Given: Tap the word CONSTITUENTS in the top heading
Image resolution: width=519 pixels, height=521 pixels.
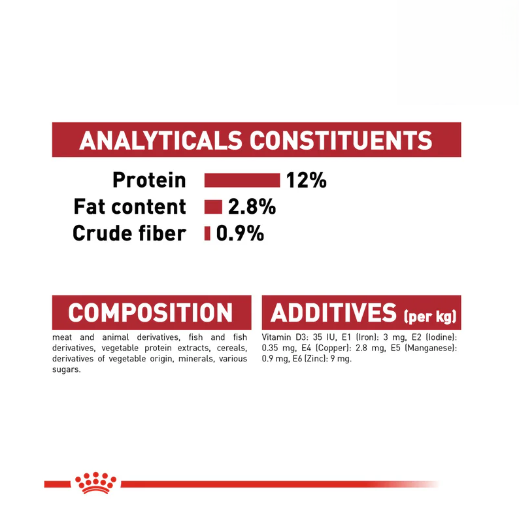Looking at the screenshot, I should [x=341, y=141].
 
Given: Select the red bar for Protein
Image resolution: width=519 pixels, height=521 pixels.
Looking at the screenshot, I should [x=242, y=180].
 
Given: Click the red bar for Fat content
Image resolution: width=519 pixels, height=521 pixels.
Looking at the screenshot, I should [x=213, y=207].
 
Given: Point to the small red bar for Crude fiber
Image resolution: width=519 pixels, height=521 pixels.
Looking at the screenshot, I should [x=207, y=233].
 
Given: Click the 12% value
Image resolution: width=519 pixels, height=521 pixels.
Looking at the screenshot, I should [x=306, y=180].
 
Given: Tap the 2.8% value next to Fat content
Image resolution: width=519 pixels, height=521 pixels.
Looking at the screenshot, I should [x=252, y=207].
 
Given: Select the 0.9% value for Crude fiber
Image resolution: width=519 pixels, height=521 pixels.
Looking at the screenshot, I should [x=240, y=233].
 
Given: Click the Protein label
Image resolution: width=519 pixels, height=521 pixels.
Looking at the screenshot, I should [x=149, y=180].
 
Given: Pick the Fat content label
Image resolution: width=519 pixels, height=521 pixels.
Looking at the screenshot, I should [x=130, y=207].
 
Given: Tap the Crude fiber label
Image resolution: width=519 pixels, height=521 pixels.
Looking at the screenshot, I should [x=129, y=233].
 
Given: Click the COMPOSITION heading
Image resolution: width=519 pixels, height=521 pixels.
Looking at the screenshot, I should [x=150, y=312].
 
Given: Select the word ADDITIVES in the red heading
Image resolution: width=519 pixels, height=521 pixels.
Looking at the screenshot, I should [x=333, y=312].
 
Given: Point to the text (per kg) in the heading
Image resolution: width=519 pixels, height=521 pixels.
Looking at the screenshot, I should [x=429, y=316].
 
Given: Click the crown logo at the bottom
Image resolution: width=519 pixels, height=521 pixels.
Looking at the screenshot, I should [x=95, y=482].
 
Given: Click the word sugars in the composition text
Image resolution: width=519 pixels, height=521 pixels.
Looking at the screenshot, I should [x=66, y=369].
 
